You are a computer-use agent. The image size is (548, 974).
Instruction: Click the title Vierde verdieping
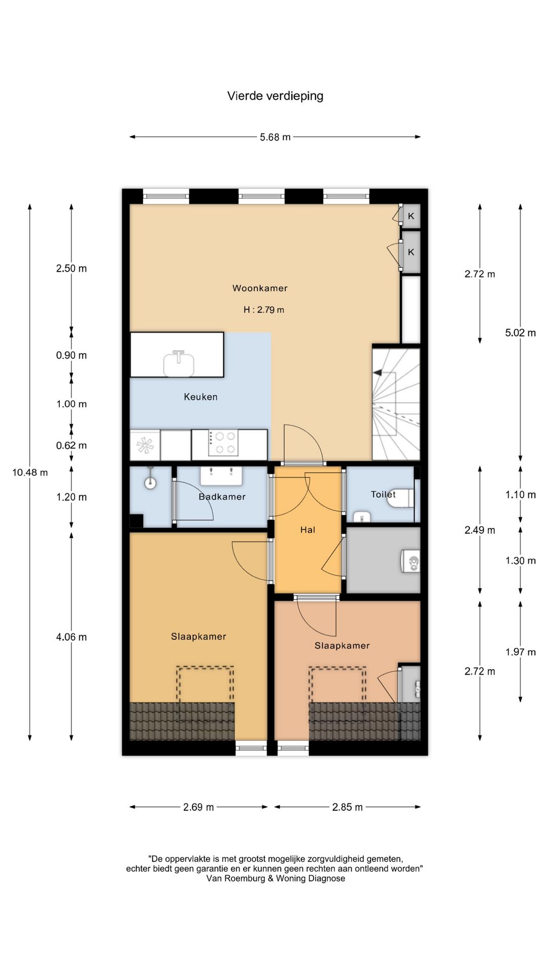click(275, 96)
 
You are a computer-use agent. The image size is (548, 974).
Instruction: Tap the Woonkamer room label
click(260, 288)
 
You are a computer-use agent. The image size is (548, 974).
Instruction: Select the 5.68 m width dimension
click(275, 137)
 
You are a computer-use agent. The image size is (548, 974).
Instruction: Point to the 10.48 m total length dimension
click(30, 472)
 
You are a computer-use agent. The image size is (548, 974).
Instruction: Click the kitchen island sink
click(179, 363)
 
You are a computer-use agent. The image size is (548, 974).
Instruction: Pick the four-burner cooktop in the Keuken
click(224, 443)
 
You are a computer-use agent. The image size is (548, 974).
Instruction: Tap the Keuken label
click(200, 397)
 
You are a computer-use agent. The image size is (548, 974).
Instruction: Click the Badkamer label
click(222, 497)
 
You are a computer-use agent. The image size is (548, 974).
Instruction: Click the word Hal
click(307, 530)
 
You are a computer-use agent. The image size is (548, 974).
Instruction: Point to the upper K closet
click(411, 216)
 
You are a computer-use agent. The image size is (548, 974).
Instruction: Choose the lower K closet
click(411, 252)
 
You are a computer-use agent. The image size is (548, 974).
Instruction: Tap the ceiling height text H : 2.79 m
click(263, 309)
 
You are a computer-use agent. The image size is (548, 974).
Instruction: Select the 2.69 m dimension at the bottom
click(198, 807)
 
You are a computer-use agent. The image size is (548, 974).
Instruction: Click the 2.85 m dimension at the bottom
click(348, 807)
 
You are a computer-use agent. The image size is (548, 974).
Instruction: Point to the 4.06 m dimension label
click(72, 637)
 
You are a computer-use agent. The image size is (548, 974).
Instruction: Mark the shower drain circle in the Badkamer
click(150, 482)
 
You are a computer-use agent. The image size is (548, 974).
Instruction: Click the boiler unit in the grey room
click(411, 561)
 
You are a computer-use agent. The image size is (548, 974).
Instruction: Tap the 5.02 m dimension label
click(521, 333)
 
